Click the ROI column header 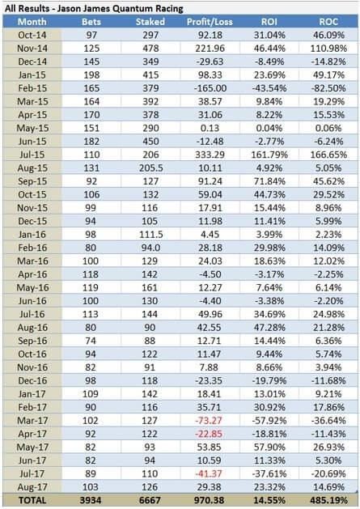coord(269,22)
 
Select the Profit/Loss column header coord(210,22)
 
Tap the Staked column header coord(150,22)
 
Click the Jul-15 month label coord(32,155)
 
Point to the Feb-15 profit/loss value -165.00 coord(210,88)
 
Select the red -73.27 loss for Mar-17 coord(209,420)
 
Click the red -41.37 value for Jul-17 coord(209,473)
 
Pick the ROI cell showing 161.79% coord(269,155)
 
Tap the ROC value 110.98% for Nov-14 coord(328,49)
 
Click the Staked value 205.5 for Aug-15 coord(150,168)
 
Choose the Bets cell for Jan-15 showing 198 coord(91,75)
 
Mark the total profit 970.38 coord(209,500)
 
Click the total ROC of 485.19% coord(328,500)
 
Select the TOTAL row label coord(32,500)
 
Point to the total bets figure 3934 coord(91,500)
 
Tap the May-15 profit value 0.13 coord(210,128)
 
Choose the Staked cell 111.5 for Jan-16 coord(150,235)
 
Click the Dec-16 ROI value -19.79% coord(269,380)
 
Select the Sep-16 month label coord(32,341)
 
